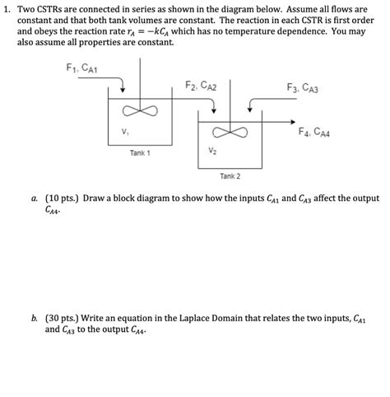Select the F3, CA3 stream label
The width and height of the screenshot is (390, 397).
[x=303, y=86]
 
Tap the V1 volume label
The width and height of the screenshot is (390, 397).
[x=123, y=131]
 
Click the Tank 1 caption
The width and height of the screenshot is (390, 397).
[x=138, y=153]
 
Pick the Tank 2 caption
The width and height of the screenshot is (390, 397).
[x=230, y=175]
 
